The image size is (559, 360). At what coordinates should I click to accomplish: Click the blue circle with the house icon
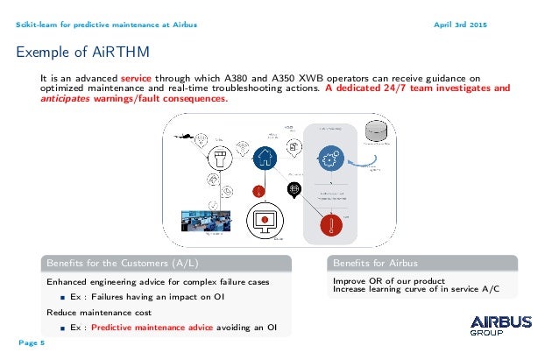pos(265,158)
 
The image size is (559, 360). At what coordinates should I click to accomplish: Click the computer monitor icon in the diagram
pos(265,216)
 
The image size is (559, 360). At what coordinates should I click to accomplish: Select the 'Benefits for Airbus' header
pos(375,262)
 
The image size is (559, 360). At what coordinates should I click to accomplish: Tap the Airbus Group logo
pos(500,326)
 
